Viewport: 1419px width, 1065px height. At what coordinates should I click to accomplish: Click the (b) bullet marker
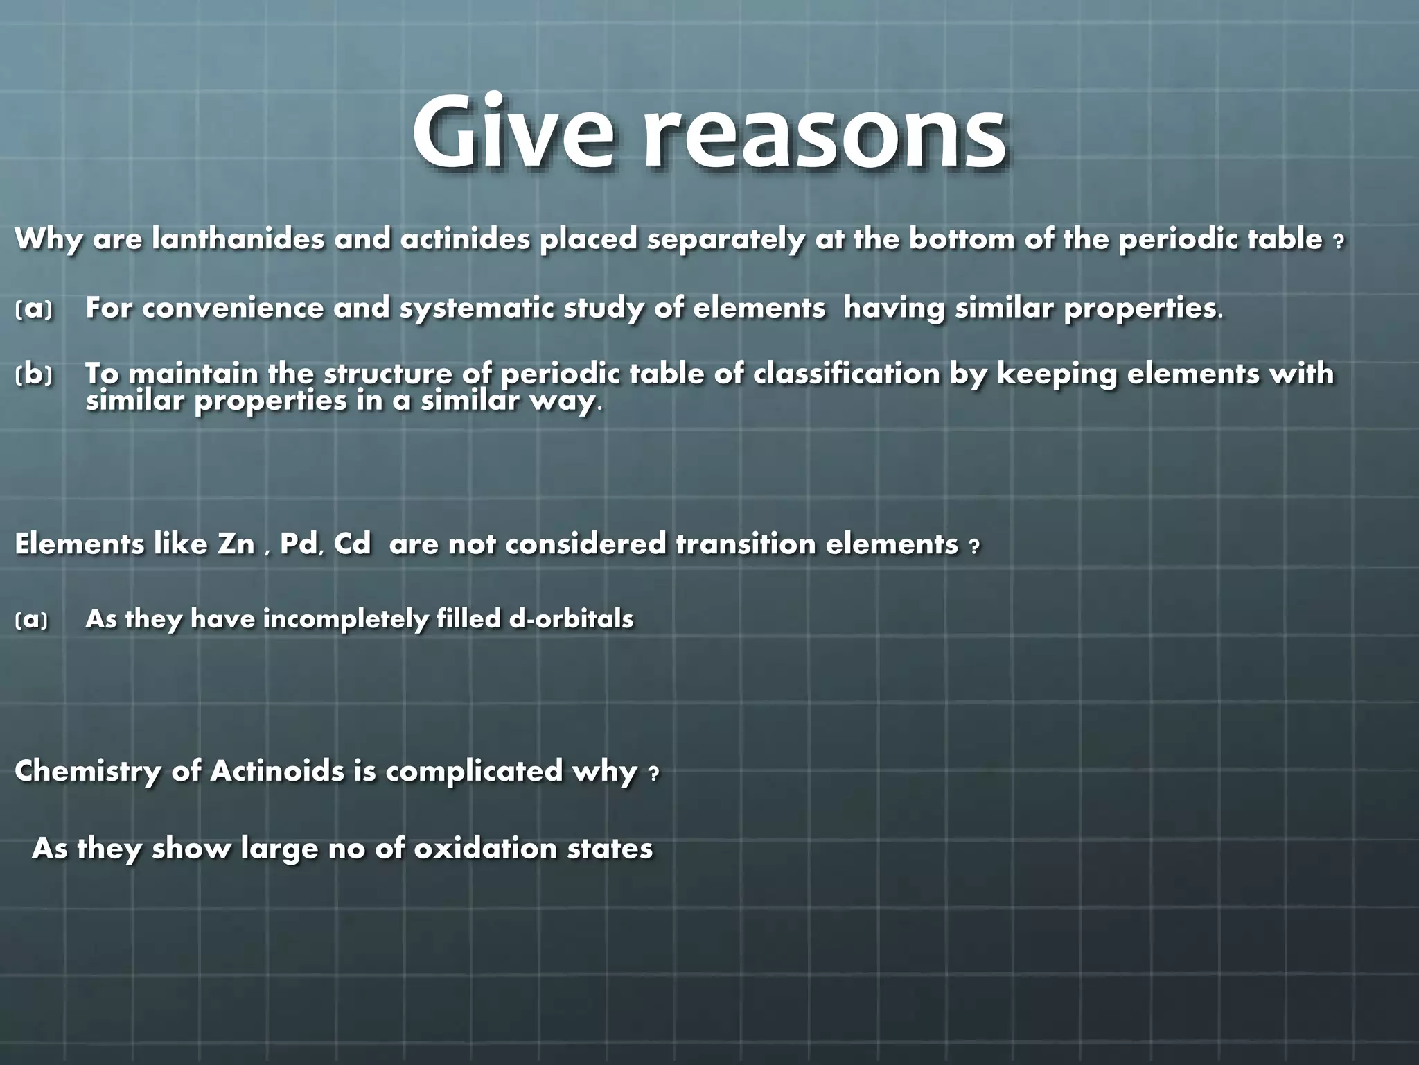pyautogui.click(x=33, y=375)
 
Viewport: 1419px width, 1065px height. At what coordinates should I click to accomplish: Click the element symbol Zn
pyautogui.click(x=236, y=544)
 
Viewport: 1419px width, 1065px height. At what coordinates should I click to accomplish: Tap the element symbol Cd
pyautogui.click(x=352, y=544)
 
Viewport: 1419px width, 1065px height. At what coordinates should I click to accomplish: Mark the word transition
pyautogui.click(x=745, y=544)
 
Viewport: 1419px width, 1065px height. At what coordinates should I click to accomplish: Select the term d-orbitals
pyautogui.click(x=571, y=618)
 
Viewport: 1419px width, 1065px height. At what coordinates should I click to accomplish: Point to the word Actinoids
pyautogui.click(x=277, y=771)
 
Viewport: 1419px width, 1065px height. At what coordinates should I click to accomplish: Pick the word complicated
pyautogui.click(x=474, y=771)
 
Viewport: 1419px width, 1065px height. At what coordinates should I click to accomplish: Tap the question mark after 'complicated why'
pyautogui.click(x=653, y=774)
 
